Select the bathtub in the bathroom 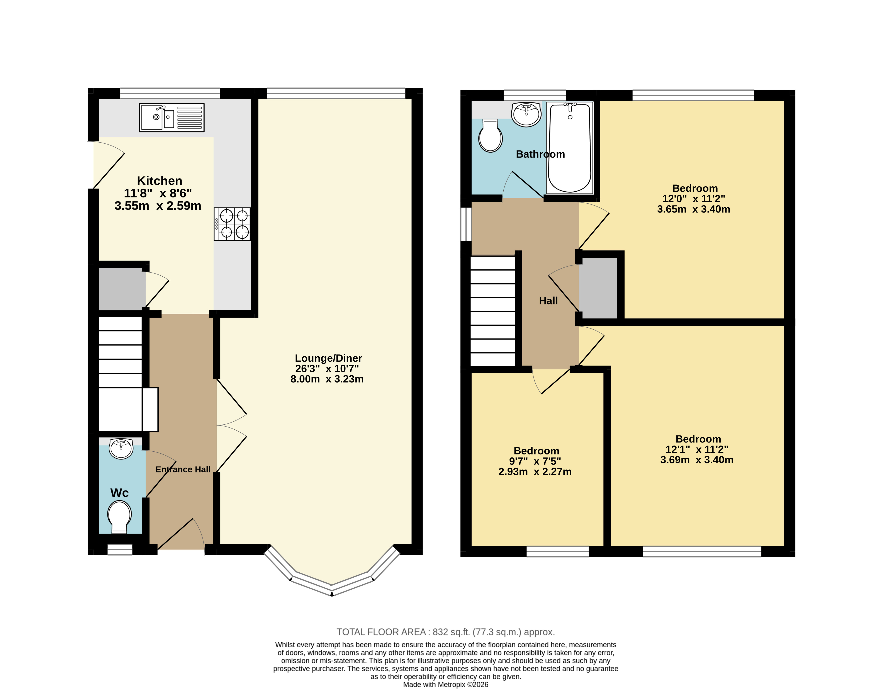click(x=570, y=148)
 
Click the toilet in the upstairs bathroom click(x=490, y=135)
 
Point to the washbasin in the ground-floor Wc click(x=121, y=448)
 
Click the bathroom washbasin click(x=526, y=114)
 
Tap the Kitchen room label click(x=159, y=181)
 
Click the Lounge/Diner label click(x=328, y=358)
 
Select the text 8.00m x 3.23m click(x=327, y=379)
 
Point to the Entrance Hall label click(x=183, y=470)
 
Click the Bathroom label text click(x=540, y=154)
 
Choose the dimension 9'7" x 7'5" click(x=535, y=461)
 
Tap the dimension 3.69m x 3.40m click(x=697, y=460)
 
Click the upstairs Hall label click(x=548, y=301)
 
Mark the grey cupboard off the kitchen click(x=122, y=289)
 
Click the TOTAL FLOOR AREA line click(x=446, y=632)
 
